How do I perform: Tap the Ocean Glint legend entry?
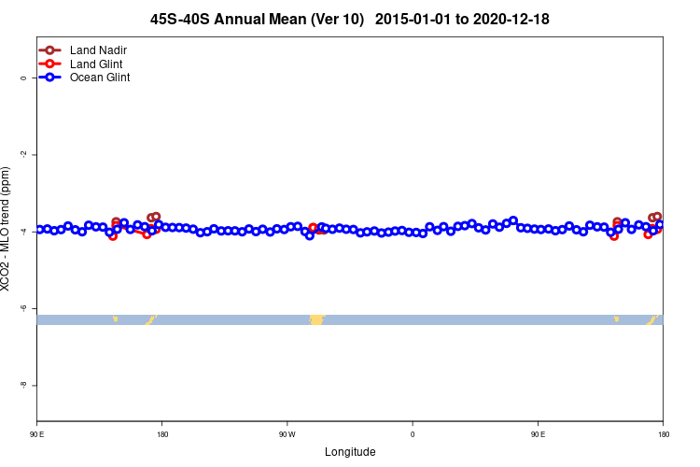[99, 78]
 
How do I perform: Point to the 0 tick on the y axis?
[22, 78]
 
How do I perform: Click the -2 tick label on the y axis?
[22, 154]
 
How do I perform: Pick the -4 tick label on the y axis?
[22, 231]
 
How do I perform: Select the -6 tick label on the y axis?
[22, 308]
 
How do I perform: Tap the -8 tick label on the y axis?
[22, 385]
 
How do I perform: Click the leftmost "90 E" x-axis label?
[37, 433]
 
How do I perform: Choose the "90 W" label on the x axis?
[287, 433]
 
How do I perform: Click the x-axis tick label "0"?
[413, 433]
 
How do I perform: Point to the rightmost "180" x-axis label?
[663, 433]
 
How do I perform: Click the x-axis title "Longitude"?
[350, 452]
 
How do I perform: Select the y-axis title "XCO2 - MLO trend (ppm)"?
[7, 230]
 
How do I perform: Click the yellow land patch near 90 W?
[316, 320]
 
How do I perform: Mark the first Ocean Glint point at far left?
[39, 229]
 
